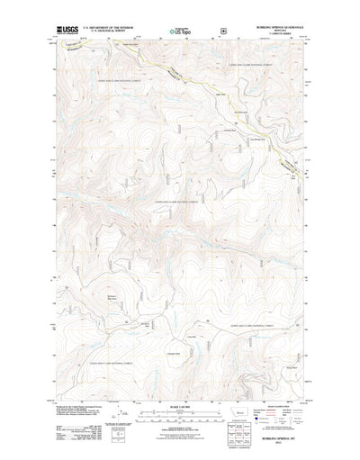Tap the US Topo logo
point(180,32)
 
